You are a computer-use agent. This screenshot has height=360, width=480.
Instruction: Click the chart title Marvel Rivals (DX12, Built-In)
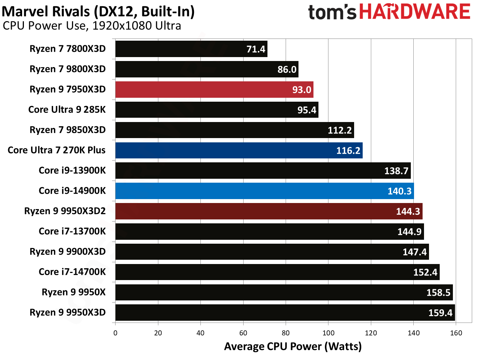[98, 11]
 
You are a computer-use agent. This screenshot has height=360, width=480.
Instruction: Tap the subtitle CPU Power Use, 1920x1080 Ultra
[92, 26]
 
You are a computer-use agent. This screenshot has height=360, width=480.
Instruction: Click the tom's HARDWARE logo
[389, 12]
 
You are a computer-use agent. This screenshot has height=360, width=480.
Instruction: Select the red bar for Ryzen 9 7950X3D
[214, 90]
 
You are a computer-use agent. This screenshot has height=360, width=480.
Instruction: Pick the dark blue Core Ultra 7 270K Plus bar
[239, 151]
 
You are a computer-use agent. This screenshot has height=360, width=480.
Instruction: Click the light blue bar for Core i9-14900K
[264, 191]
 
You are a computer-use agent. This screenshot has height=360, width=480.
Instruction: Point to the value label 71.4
[256, 49]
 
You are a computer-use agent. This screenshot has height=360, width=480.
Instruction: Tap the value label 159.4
[440, 313]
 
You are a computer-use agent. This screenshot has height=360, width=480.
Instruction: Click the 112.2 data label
[339, 130]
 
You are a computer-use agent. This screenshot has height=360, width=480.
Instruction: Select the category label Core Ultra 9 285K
[67, 110]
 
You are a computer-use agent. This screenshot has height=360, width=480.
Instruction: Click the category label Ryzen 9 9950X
[73, 292]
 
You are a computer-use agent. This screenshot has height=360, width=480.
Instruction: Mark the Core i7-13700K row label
[72, 231]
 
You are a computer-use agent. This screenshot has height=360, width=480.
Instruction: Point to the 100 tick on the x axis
[328, 333]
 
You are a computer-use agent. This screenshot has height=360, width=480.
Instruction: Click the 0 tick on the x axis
[115, 333]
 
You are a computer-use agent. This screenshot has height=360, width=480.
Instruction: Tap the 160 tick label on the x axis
[456, 333]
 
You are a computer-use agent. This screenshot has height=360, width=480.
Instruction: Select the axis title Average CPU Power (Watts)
[293, 346]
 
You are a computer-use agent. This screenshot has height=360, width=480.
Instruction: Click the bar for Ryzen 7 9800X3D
[206, 69]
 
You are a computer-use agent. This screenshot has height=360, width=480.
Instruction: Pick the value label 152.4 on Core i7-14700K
[425, 273]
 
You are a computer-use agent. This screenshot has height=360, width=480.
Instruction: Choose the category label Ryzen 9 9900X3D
[67, 252]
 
